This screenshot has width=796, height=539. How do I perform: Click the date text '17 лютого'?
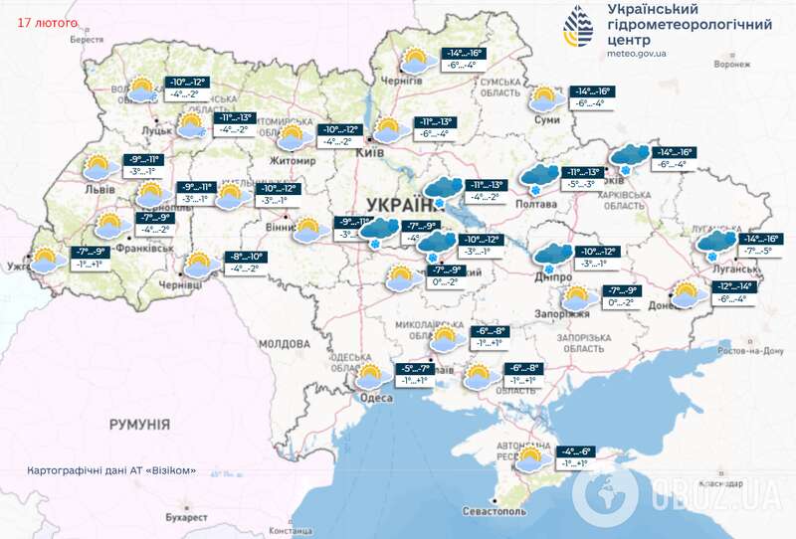pos(45,19)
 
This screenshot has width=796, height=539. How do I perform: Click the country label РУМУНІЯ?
pos(140,424)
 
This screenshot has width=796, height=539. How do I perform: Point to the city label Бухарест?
pos(186,517)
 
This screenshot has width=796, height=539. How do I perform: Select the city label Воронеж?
pos(730,65)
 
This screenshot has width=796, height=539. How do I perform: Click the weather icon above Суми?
pos(542,100)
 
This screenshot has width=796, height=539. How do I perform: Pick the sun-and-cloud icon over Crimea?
pos(529,459)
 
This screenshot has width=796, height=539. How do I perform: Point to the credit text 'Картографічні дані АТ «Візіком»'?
pos(111,470)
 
